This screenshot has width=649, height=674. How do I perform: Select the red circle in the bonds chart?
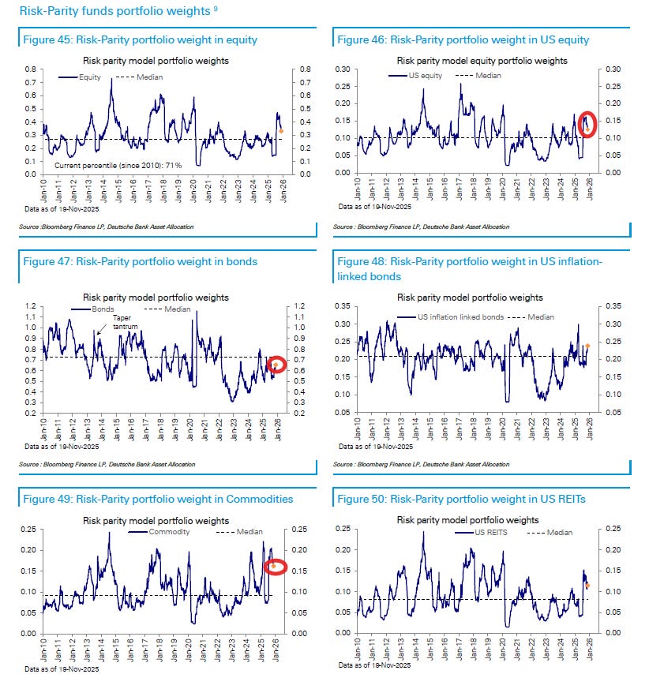(276, 365)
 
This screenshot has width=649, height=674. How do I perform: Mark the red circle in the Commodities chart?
(275, 566)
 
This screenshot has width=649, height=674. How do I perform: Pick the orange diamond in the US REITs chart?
(587, 585)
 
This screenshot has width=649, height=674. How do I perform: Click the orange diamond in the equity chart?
(282, 131)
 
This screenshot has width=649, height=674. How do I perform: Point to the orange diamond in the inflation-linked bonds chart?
(587, 346)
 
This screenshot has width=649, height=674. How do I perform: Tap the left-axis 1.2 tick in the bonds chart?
(32, 305)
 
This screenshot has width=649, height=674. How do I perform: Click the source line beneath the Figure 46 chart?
(422, 227)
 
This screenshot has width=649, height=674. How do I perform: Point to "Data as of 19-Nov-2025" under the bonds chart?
(61, 446)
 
